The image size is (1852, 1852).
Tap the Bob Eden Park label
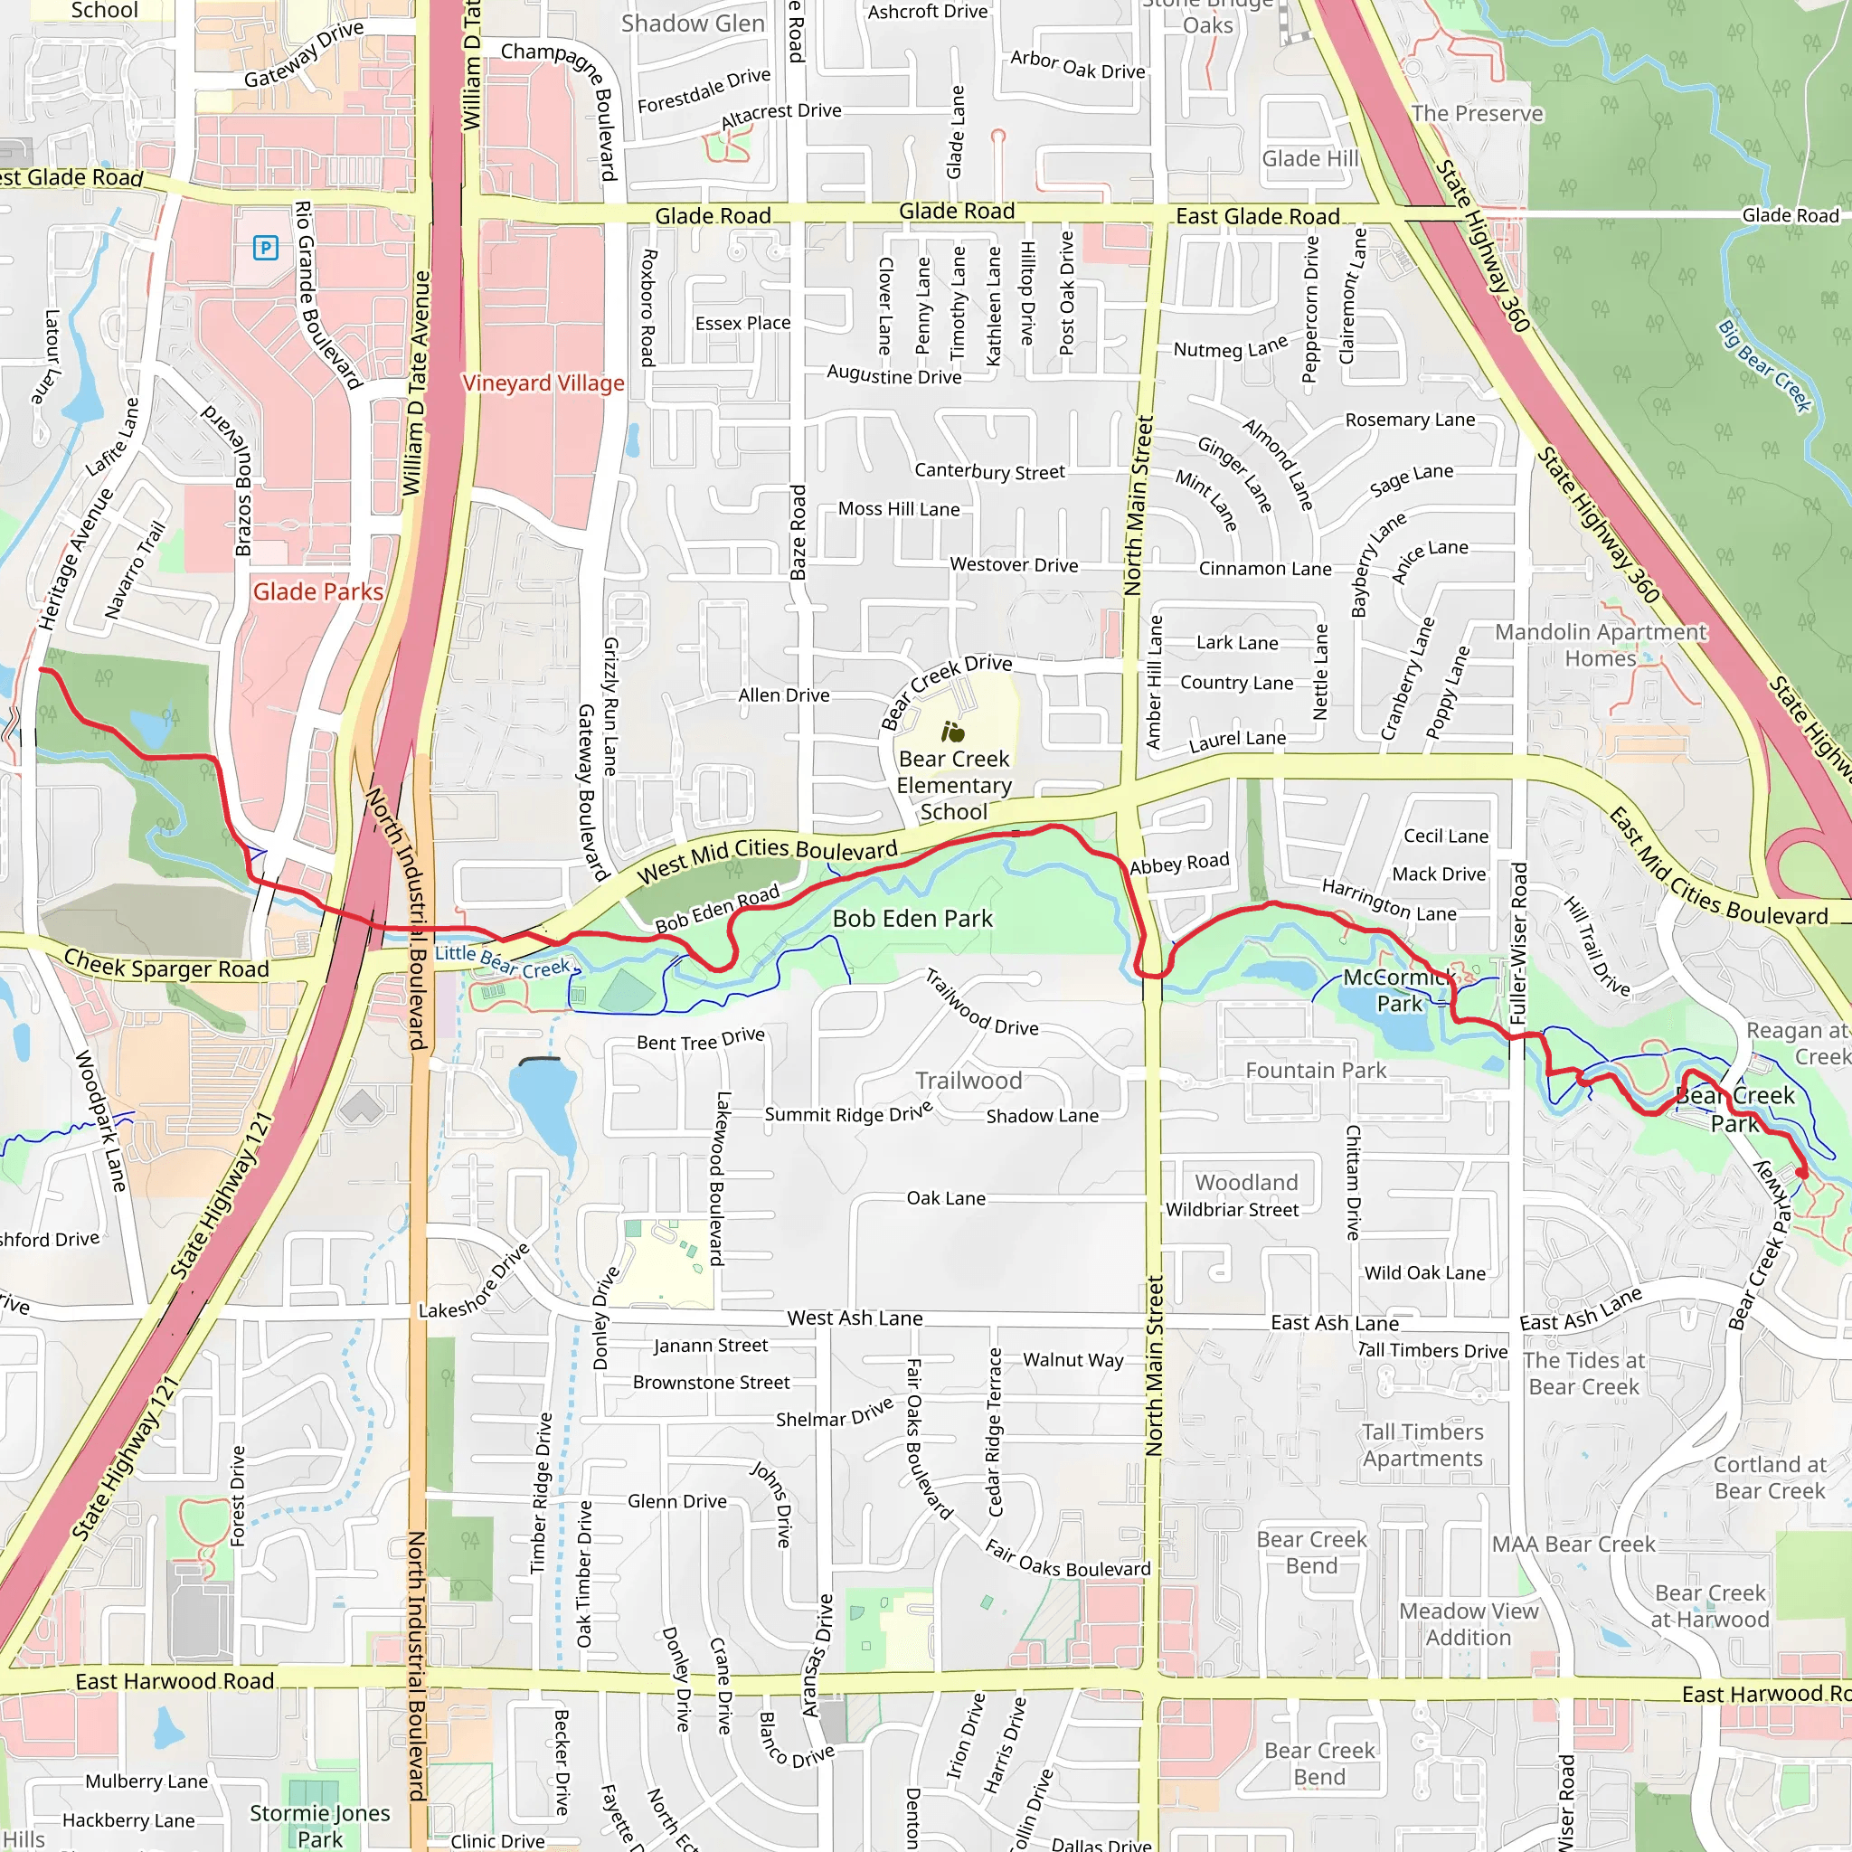pyautogui.click(x=912, y=919)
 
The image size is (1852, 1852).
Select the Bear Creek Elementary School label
pyautogui.click(x=954, y=785)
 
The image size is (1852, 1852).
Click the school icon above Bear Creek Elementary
pyautogui.click(x=952, y=733)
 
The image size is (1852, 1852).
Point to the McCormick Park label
pyautogui.click(x=1399, y=990)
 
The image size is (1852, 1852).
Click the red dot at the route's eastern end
pyautogui.click(x=1801, y=1172)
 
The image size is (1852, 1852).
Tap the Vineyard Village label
pyautogui.click(x=543, y=383)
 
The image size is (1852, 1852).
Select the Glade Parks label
pyautogui.click(x=317, y=591)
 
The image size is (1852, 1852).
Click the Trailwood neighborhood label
pyautogui.click(x=969, y=1081)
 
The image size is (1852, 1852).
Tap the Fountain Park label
pyautogui.click(x=1315, y=1070)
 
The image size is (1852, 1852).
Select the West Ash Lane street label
pyautogui.click(x=855, y=1318)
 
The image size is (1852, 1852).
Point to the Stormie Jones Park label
pyautogui.click(x=319, y=1825)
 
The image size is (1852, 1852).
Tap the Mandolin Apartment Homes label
pyautogui.click(x=1600, y=645)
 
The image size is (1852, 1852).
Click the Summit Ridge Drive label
pyautogui.click(x=847, y=1113)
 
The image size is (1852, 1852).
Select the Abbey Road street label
pyautogui.click(x=1179, y=863)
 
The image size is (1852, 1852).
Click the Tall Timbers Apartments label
pyautogui.click(x=1422, y=1444)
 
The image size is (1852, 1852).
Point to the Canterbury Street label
pyautogui.click(x=989, y=472)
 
